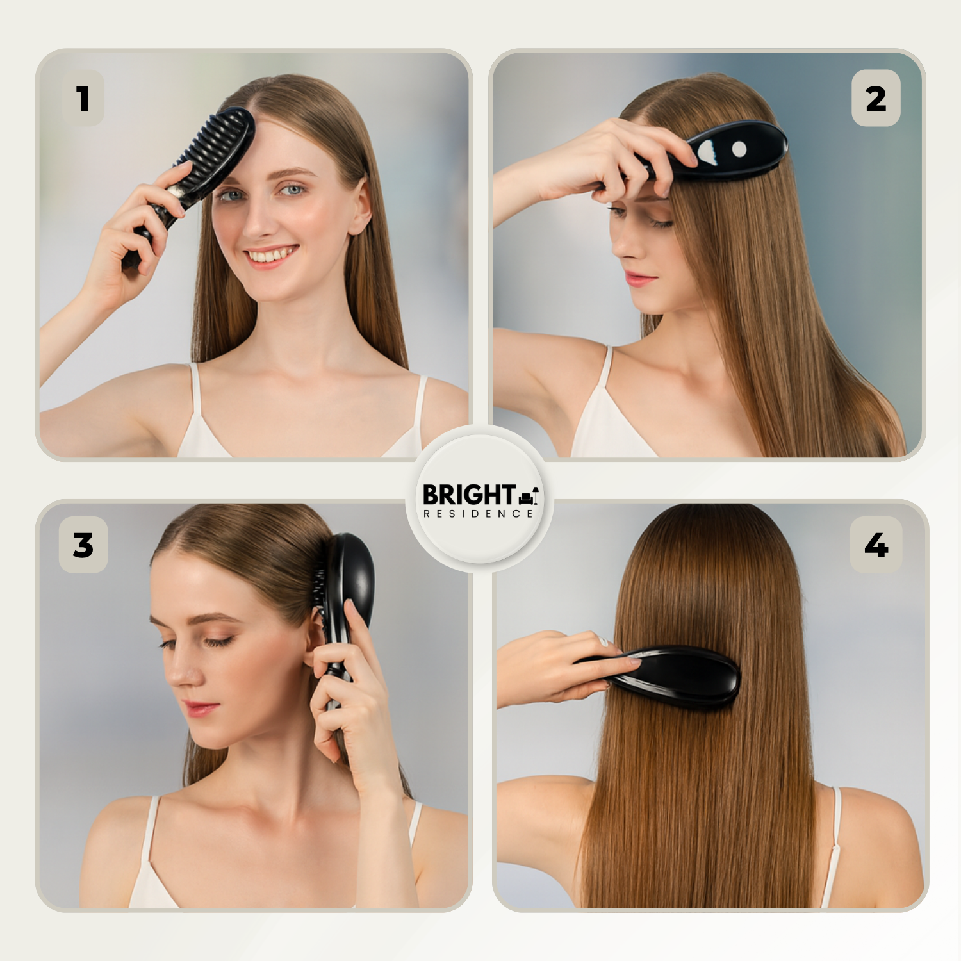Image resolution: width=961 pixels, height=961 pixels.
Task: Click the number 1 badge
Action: pos(83,98)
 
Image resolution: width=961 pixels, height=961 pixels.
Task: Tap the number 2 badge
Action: pos(876,98)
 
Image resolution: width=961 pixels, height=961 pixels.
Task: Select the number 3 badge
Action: pos(83,545)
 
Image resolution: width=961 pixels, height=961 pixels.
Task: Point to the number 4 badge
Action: pos(876,545)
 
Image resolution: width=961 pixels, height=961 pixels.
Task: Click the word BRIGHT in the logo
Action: pos(469,495)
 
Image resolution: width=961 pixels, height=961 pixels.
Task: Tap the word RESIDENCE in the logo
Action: pos(478,514)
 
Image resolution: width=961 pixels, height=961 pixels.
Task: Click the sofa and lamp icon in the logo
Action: pos(529,495)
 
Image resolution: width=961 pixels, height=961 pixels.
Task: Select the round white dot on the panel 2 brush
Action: pos(739,149)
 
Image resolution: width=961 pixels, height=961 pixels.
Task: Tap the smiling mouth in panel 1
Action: pos(270,256)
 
